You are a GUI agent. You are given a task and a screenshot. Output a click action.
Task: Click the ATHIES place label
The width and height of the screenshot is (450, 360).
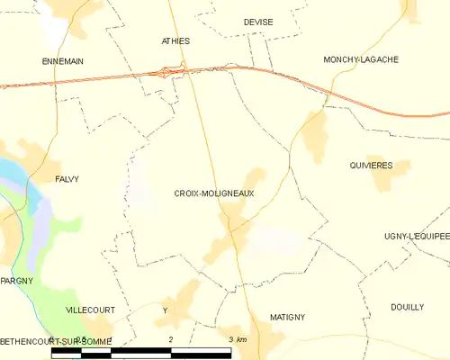175,41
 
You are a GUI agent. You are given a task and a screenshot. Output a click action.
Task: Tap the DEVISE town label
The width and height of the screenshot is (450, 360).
258,22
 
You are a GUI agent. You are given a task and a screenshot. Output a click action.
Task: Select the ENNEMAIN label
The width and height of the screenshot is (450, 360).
63,60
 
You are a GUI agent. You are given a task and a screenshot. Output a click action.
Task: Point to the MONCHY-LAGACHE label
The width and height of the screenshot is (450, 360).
361,59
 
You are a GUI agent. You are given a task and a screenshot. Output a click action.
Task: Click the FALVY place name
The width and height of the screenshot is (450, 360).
67,179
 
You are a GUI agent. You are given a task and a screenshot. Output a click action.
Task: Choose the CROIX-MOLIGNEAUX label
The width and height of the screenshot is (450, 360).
214,193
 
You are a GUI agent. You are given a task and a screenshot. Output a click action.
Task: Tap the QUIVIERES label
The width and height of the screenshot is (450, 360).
370,166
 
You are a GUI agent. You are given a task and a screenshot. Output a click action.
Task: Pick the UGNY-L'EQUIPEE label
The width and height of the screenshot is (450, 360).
416,236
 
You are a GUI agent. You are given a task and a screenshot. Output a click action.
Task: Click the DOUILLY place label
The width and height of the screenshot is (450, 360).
408,307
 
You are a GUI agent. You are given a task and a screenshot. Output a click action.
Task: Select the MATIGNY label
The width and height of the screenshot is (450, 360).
288,317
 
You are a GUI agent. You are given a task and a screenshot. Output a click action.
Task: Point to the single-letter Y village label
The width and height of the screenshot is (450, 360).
165,310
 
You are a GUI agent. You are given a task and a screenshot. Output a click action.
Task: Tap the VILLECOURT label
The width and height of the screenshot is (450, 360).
91,309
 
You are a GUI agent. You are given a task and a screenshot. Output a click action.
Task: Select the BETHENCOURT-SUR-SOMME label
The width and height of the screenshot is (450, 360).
56,340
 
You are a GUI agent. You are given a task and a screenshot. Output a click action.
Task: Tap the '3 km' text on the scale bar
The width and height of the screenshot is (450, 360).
238,339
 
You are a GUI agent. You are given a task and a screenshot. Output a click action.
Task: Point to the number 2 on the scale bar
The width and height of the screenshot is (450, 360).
170,339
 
